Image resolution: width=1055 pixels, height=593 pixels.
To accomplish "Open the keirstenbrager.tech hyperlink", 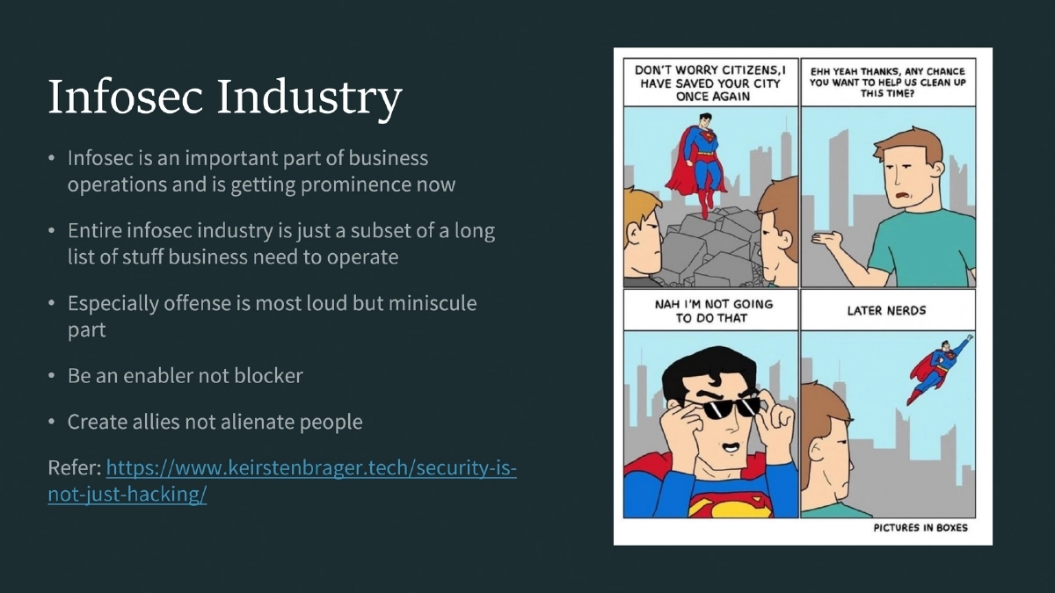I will click(310, 468).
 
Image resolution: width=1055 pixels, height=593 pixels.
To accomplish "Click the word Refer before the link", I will click(75, 468).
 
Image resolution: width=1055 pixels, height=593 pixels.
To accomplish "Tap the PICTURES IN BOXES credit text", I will click(920, 528).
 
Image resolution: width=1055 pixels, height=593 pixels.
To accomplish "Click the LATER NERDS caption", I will click(886, 311).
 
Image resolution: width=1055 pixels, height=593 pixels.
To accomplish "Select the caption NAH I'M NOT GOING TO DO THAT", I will click(711, 311).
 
